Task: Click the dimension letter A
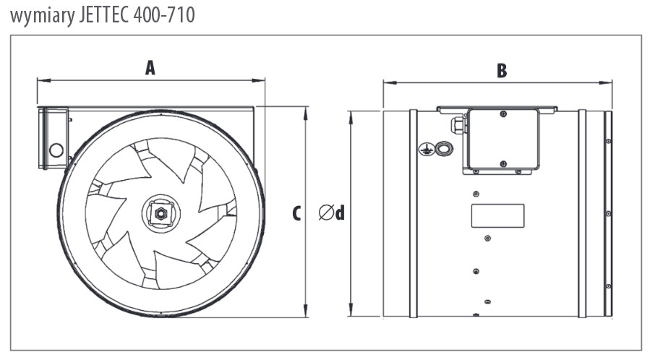[x=150, y=68]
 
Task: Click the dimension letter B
[x=502, y=70]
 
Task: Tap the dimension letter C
[x=296, y=213]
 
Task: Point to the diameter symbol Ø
[x=326, y=213]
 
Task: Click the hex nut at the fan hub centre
[x=158, y=213]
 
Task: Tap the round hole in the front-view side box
[x=56, y=151]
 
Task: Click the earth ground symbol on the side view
[x=426, y=149]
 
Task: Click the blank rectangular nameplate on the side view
[x=497, y=215]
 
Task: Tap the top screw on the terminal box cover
[x=503, y=114]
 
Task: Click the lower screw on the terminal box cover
[x=503, y=163]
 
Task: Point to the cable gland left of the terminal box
[x=458, y=126]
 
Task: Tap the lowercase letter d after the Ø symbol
[x=340, y=213]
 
